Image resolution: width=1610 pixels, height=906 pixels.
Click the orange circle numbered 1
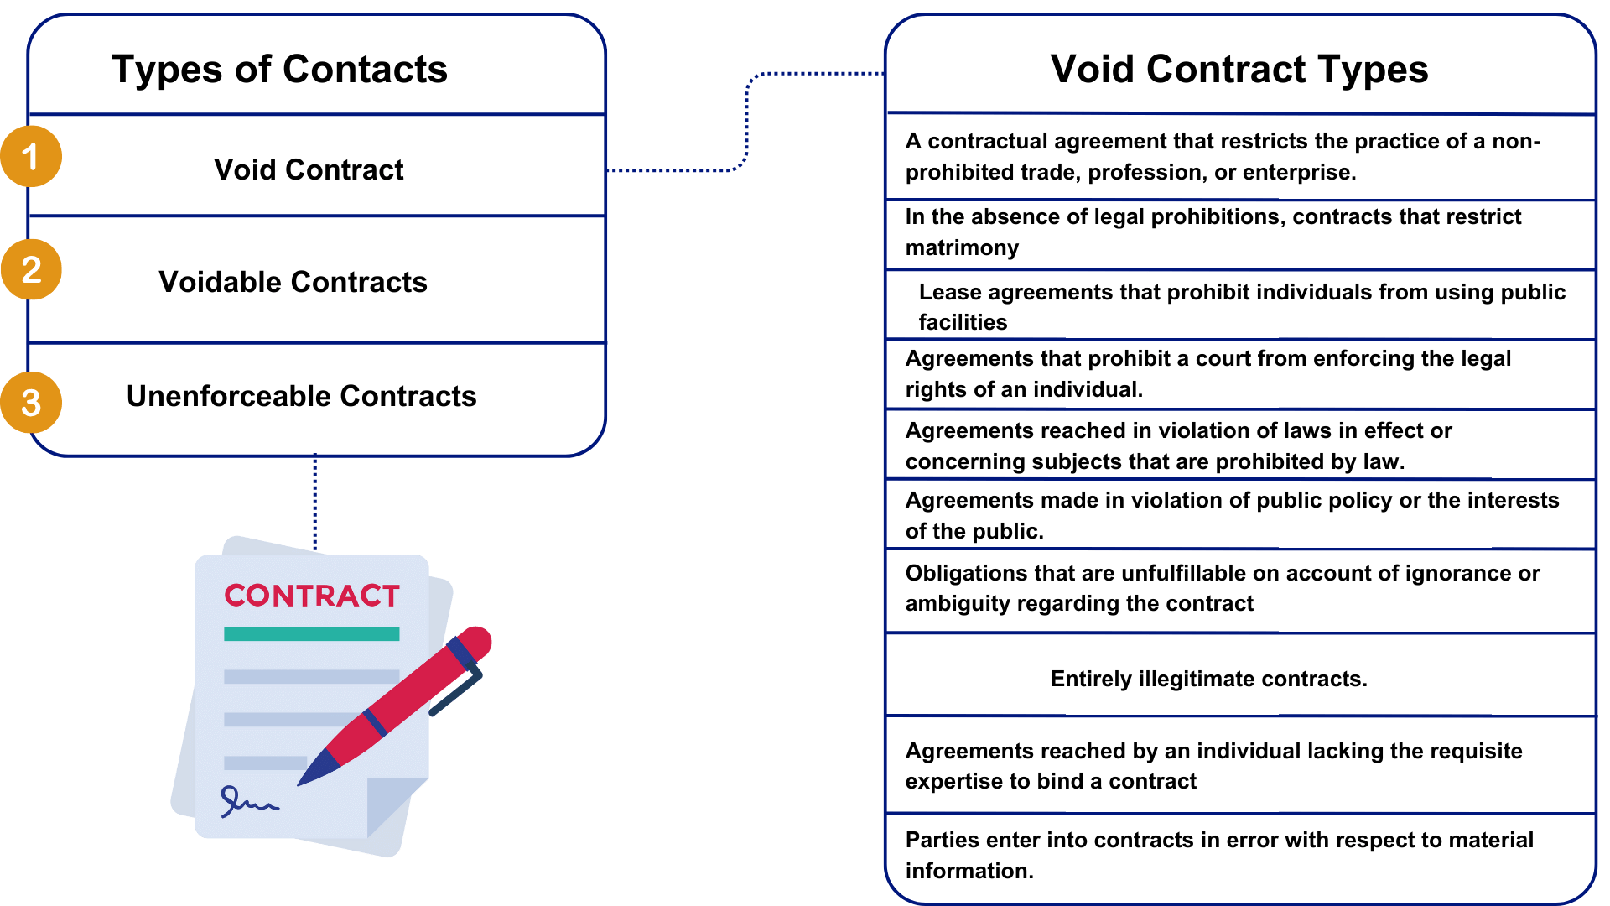(31, 156)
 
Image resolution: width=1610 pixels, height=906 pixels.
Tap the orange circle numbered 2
(31, 269)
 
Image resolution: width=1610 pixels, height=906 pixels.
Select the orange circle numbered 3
(31, 403)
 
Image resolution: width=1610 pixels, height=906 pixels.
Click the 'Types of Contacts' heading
(279, 69)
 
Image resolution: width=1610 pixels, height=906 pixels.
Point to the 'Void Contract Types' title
(1239, 69)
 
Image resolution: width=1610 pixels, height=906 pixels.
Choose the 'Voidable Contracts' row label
(293, 282)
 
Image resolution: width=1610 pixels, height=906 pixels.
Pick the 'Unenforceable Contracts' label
(301, 396)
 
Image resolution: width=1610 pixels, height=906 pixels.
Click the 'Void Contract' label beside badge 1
(309, 169)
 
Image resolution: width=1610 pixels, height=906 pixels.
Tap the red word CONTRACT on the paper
(312, 596)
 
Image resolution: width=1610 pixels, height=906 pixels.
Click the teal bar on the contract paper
(311, 634)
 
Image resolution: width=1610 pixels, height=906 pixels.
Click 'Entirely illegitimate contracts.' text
(1208, 679)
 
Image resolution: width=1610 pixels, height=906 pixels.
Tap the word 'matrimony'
(962, 247)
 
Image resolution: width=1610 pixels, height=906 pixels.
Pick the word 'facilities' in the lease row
(963, 322)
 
